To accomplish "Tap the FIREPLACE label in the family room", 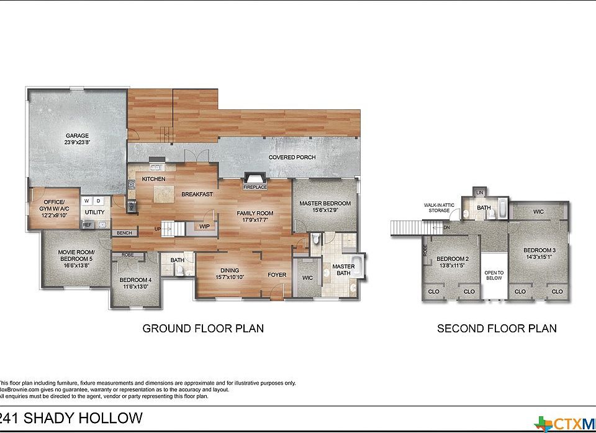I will click(255, 186).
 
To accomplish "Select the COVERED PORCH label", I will click(292, 157).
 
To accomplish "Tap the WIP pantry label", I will click(204, 227).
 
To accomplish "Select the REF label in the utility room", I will click(88, 225).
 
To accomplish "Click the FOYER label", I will click(277, 274).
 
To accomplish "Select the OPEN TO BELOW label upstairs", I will click(494, 275).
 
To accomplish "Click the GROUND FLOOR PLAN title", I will click(203, 328).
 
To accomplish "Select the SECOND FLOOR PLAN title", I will click(497, 328).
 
